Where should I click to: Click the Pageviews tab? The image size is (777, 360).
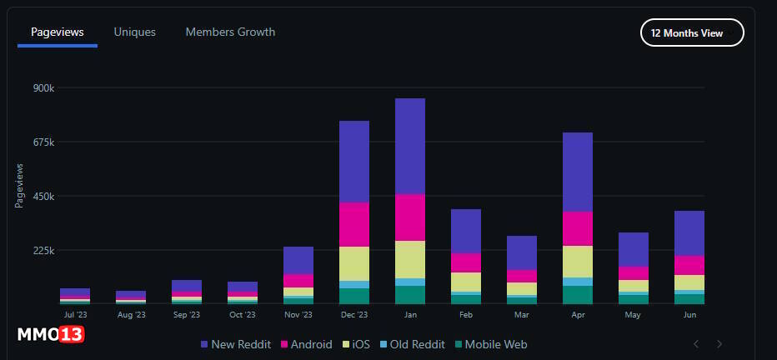click(58, 32)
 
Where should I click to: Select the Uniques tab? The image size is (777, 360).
click(135, 32)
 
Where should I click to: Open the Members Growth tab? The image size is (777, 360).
click(230, 32)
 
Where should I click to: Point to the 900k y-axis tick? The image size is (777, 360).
click(43, 87)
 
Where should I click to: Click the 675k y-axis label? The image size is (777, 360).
click(43, 142)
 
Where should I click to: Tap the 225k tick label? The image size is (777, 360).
click(43, 250)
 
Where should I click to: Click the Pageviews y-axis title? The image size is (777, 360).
click(20, 185)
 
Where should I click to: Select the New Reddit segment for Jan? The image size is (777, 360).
click(410, 146)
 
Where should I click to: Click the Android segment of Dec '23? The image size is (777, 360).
click(354, 224)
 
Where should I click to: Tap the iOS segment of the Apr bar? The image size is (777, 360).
click(578, 261)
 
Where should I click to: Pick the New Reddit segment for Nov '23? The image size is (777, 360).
click(298, 260)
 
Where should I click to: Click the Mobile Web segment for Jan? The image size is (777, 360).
click(410, 295)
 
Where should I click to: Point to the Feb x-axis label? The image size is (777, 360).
click(466, 316)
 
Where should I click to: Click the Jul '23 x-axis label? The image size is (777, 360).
click(75, 316)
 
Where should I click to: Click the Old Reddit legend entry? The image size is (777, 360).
click(412, 344)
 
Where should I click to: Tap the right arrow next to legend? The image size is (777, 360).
click(719, 344)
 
